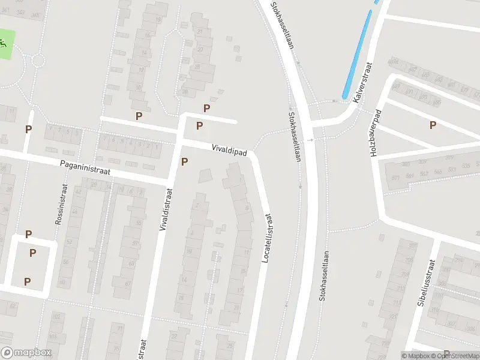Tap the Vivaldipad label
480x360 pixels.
tap(229, 150)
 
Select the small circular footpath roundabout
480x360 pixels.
tap(38, 60)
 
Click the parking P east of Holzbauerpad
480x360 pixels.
tap(432, 125)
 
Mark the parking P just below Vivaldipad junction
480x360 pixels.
tap(184, 161)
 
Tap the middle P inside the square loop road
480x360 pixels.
tap(32, 253)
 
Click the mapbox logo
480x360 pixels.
tap(26, 353)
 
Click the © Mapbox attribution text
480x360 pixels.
tap(417, 356)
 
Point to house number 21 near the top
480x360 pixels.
tap(199, 31)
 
